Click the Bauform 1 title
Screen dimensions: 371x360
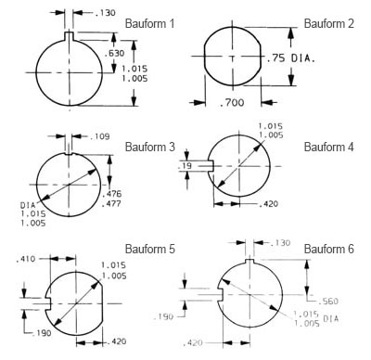tap(149, 23)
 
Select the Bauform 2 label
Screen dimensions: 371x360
tap(328, 23)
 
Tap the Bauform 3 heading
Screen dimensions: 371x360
tap(149, 147)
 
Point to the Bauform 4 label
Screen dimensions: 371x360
tap(328, 147)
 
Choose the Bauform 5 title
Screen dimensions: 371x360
tap(149, 249)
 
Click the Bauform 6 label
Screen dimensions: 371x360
tap(328, 249)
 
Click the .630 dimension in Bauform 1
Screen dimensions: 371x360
tap(114, 53)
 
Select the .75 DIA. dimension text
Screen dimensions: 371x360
tap(290, 58)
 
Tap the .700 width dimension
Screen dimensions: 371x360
tap(232, 102)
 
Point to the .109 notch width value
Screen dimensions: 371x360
tap(100, 136)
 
